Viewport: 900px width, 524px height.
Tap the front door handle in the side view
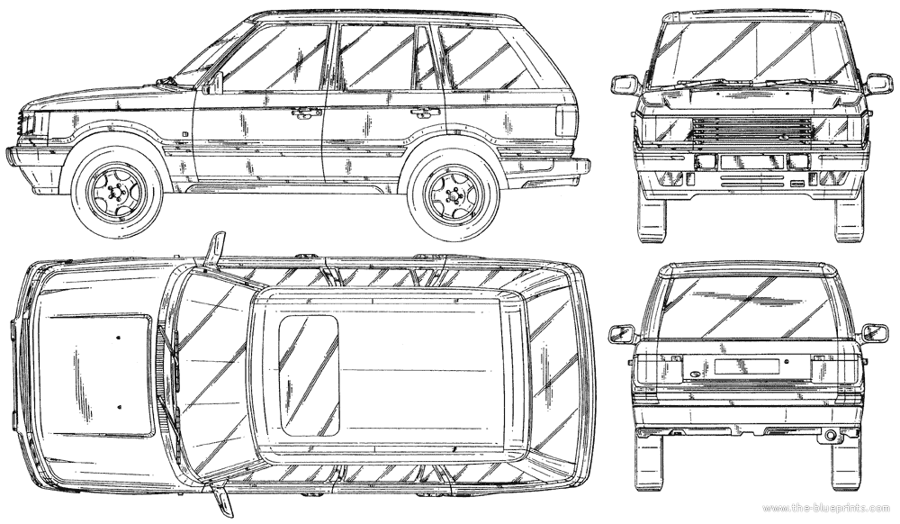tap(307, 113)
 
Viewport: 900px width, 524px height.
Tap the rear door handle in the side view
tap(421, 112)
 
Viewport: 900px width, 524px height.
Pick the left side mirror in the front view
tap(625, 86)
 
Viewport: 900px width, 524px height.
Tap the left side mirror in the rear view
tap(620, 333)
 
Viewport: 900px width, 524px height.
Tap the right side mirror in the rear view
tap(874, 333)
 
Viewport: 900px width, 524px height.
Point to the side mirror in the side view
tap(216, 83)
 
